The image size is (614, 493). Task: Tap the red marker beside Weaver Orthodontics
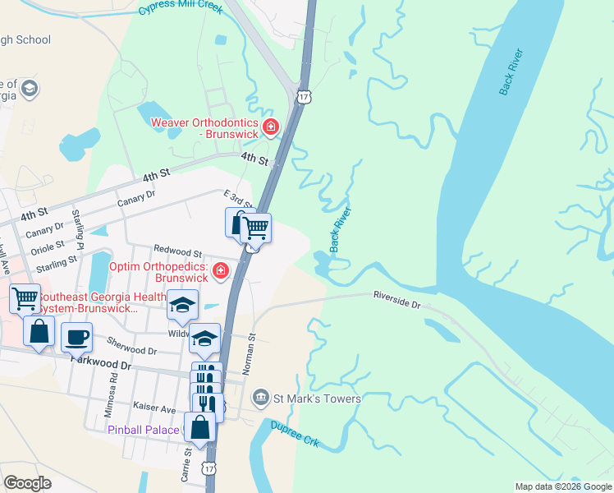coord(270,127)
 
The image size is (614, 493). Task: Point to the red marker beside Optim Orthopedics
coord(220,270)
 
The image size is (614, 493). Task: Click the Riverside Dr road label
coord(396,299)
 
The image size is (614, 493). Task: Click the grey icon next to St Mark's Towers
coord(261,399)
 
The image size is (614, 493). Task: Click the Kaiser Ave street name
coord(155,408)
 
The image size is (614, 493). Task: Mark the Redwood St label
coord(177,252)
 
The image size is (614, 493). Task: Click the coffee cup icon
coord(76,337)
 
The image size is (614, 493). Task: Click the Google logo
coord(28,483)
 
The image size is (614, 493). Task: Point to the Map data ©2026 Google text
coord(562,486)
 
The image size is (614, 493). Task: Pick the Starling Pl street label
coord(79,224)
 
